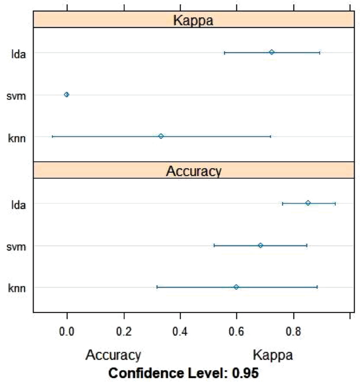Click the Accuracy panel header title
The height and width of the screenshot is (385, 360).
[x=193, y=171]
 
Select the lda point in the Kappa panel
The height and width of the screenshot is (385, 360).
[x=272, y=52]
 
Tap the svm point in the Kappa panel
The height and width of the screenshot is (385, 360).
[x=67, y=95]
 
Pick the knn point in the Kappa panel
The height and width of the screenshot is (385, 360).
[x=161, y=136]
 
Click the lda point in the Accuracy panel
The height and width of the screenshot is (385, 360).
[x=308, y=203]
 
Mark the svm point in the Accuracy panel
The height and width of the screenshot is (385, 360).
[x=260, y=245]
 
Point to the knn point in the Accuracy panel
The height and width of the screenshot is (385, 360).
[x=236, y=287]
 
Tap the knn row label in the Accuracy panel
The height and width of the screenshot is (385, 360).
[x=19, y=288]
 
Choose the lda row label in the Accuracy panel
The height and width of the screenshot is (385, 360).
[x=20, y=204]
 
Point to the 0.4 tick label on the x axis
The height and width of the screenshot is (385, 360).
[x=180, y=332]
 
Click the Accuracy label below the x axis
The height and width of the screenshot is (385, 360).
[x=113, y=355]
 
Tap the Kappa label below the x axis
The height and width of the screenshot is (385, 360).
[x=273, y=355]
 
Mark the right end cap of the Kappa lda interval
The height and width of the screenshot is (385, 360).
[x=320, y=53]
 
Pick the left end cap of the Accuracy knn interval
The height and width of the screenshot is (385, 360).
[x=157, y=287]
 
